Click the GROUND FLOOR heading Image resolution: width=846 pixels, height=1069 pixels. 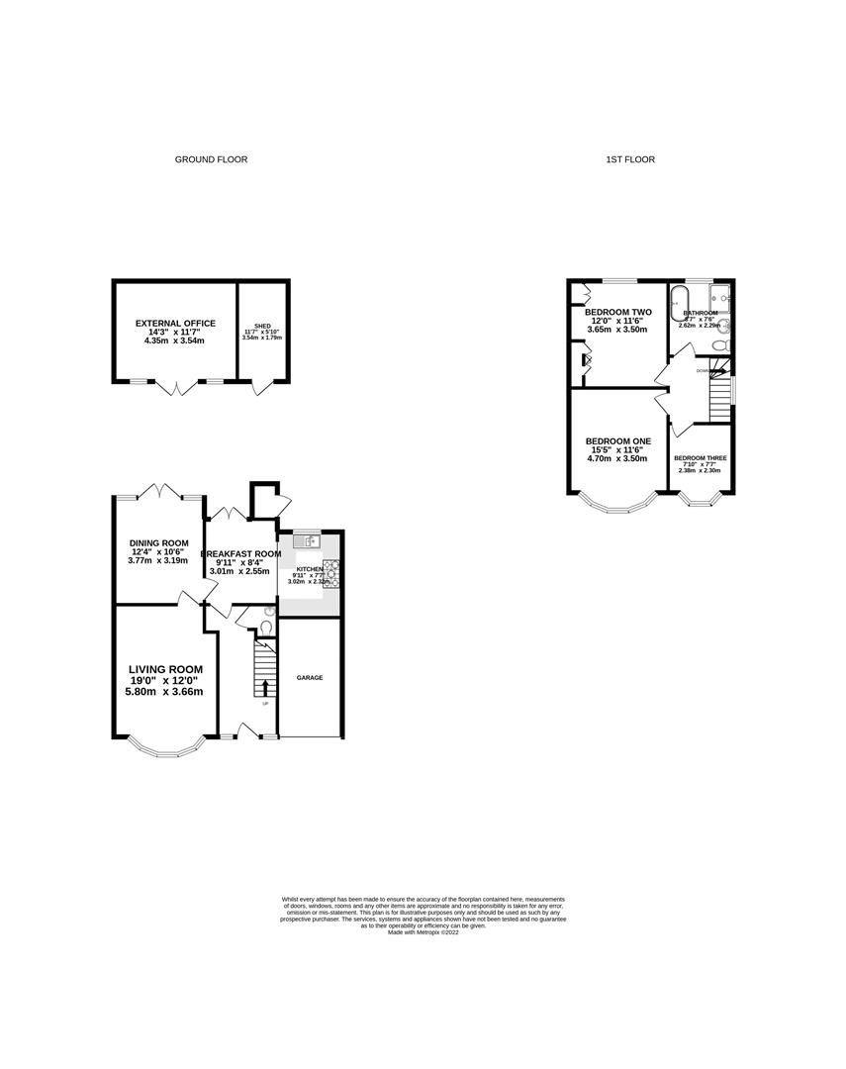pos(211,159)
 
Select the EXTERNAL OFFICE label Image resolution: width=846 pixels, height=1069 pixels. pos(174,323)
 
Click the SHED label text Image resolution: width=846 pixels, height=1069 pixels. pos(262,326)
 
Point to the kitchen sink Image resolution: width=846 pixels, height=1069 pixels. pos(310,540)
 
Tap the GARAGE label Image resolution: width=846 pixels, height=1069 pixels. pos(310,678)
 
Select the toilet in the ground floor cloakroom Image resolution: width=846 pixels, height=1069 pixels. pos(265,626)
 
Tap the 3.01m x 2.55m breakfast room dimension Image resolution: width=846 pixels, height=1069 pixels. pos(238,571)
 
